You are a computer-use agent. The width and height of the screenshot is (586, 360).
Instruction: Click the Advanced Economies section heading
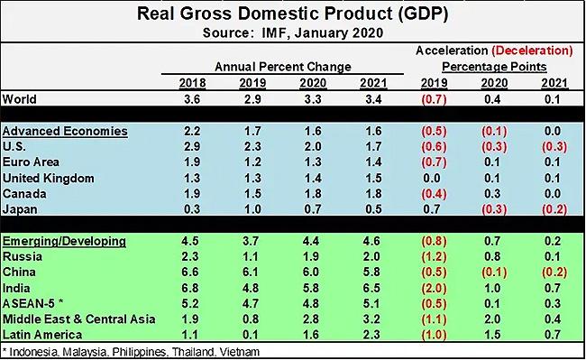65,131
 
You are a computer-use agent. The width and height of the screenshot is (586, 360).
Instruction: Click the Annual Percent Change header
270,68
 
